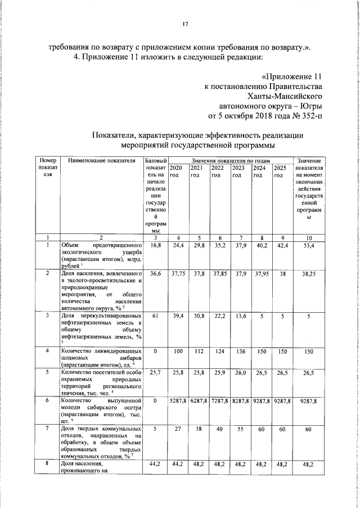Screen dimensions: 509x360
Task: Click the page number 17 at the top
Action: [x=184, y=24]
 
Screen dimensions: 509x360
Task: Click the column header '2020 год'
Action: [x=175, y=172]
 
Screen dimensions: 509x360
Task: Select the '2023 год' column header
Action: [x=238, y=172]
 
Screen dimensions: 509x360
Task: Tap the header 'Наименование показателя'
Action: [x=102, y=161]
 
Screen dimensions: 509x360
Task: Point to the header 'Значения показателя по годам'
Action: [x=231, y=161]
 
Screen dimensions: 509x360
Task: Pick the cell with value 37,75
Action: [x=178, y=274]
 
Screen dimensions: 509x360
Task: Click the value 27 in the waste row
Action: [x=178, y=428]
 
